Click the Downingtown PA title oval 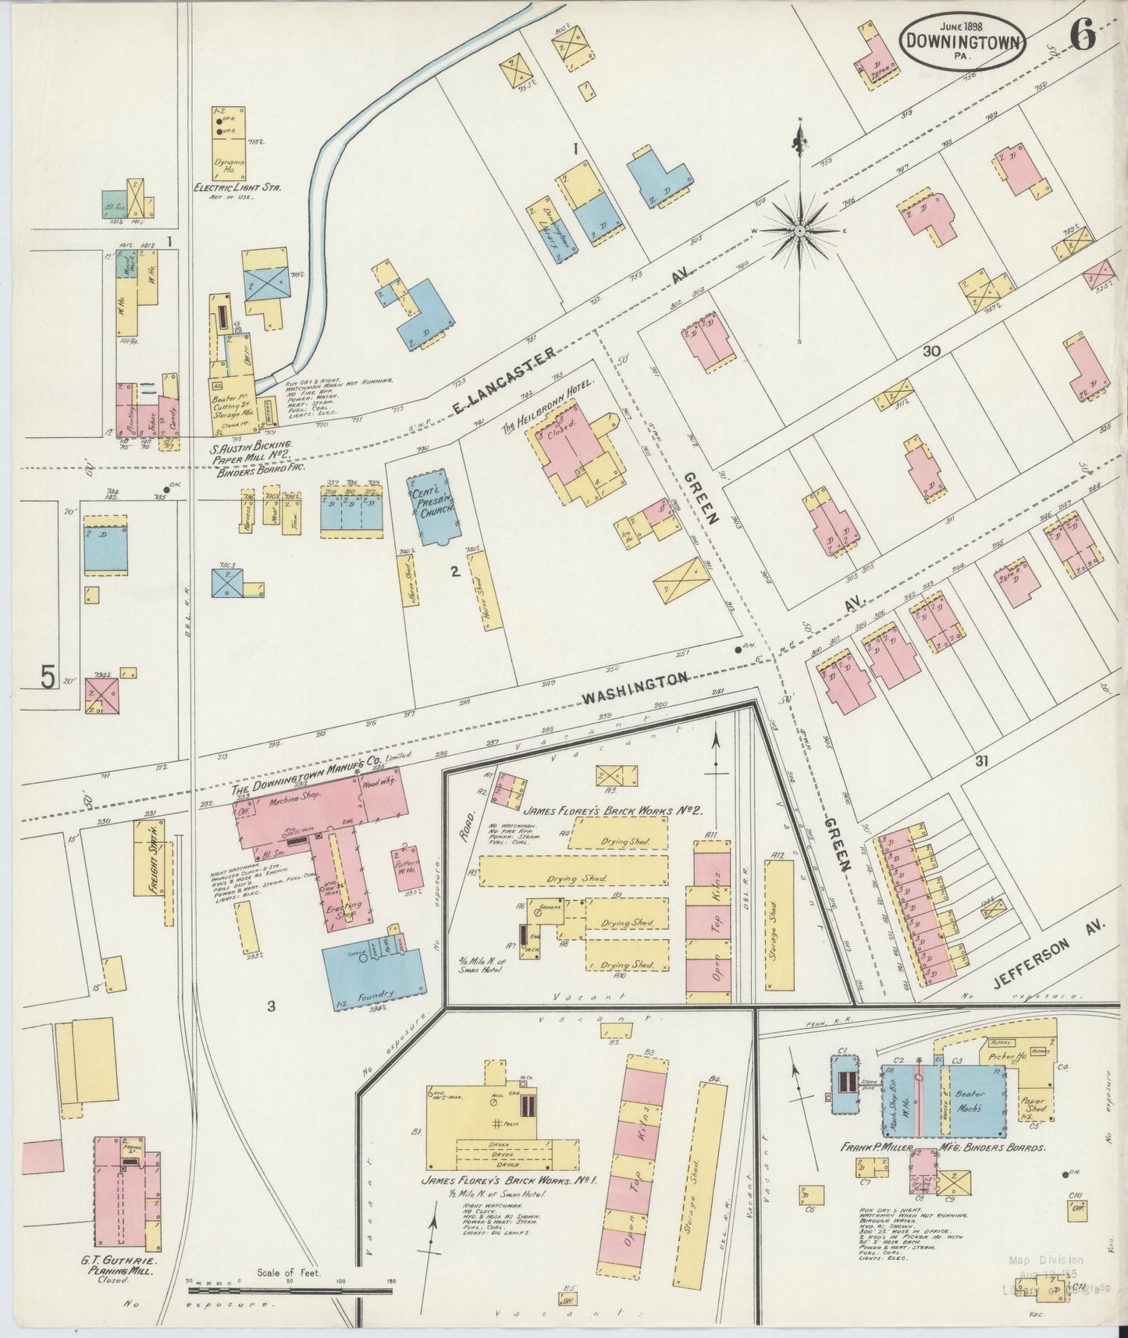(962, 41)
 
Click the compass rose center (800, 232)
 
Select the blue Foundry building (375, 967)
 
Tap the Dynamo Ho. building (229, 144)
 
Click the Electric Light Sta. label (237, 187)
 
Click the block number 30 (930, 351)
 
